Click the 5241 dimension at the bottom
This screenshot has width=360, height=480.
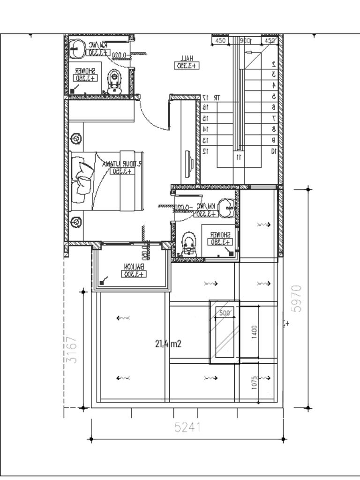click(x=187, y=427)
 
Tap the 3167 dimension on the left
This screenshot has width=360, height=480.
click(x=72, y=349)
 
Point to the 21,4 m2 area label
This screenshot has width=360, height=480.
click(x=168, y=344)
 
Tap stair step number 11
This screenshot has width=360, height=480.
click(x=239, y=157)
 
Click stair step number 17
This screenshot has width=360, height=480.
click(x=205, y=97)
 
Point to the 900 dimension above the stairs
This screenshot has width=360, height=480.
click(x=245, y=41)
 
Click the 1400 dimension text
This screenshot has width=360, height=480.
click(x=254, y=331)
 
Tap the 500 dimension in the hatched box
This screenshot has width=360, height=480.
click(x=225, y=313)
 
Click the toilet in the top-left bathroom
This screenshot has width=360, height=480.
click(x=114, y=82)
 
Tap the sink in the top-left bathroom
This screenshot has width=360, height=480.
click(x=75, y=46)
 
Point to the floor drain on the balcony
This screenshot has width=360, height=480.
click(x=102, y=283)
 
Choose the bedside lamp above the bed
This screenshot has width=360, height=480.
click(x=75, y=139)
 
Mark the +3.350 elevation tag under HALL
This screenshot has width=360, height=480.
click(x=187, y=66)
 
